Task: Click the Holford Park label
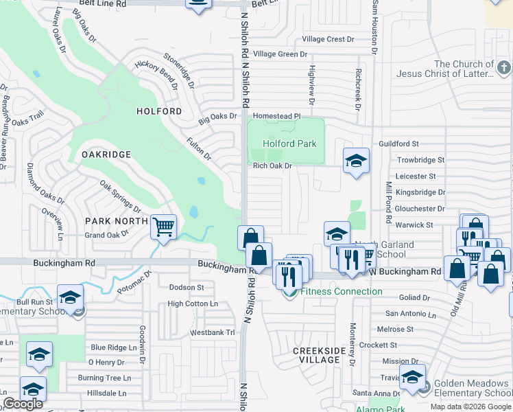pos(290,144)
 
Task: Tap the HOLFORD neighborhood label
pos(159,111)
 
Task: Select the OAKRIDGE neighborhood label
pos(106,154)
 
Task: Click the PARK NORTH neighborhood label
pos(117,221)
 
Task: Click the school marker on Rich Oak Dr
pos(356,161)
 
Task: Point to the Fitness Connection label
pos(341,292)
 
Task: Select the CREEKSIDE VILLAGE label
pos(320,355)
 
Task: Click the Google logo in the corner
pos(23,404)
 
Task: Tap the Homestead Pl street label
pos(277,117)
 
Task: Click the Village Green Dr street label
pos(280,54)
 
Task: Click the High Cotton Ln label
pos(192,304)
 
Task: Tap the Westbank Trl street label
pos(212,333)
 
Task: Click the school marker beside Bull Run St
pos(69,297)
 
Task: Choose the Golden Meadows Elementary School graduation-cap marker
pos(412,378)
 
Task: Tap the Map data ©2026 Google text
pos(470,407)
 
